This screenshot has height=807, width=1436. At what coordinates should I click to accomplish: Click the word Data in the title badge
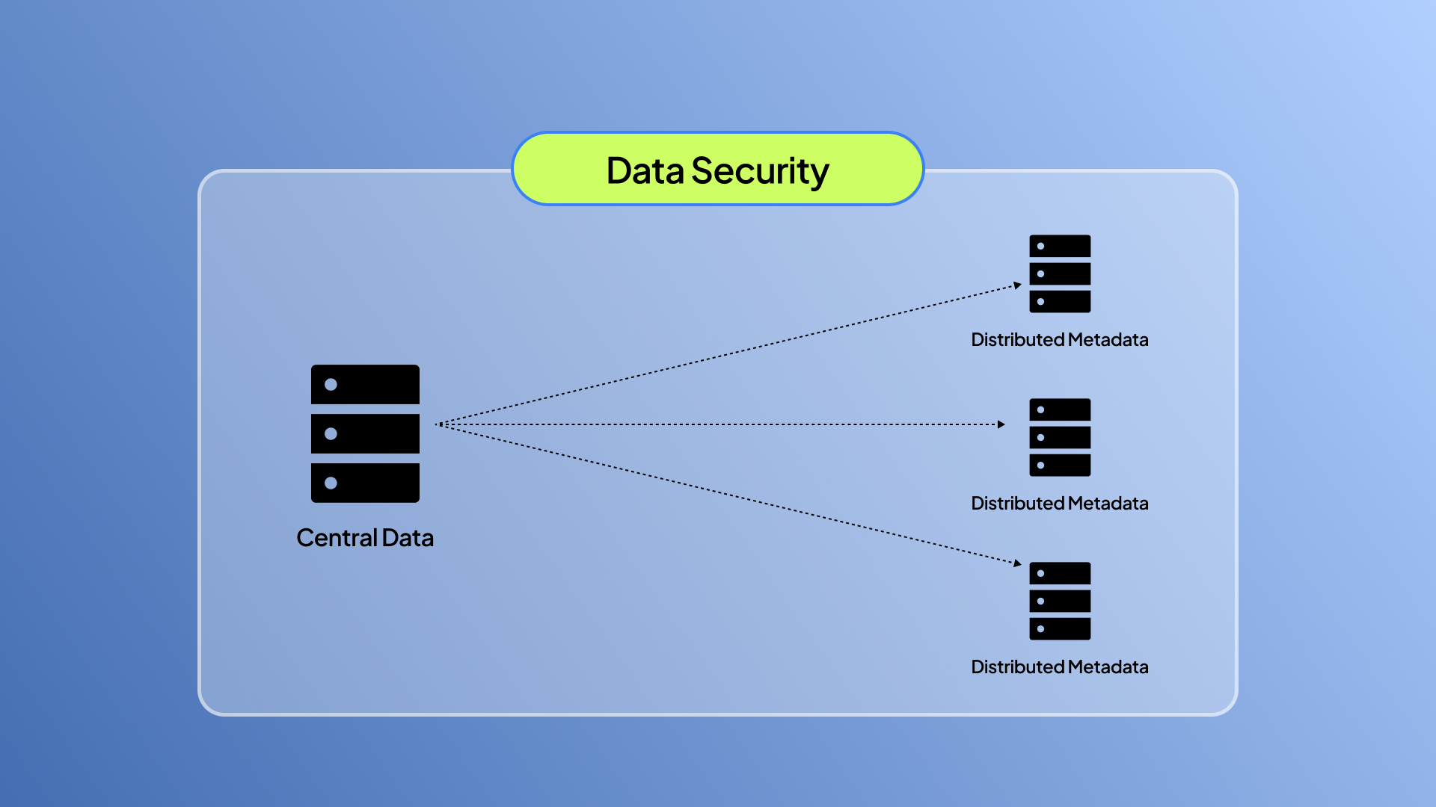coord(645,170)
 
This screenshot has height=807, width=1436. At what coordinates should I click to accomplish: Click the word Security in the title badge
coord(760,172)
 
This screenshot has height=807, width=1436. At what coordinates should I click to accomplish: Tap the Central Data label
coord(365,538)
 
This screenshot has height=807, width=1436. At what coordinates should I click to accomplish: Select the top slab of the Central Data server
coord(365,384)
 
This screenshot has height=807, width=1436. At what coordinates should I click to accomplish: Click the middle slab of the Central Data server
coord(365,433)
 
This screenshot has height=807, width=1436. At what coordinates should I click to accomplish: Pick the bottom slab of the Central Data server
coord(365,483)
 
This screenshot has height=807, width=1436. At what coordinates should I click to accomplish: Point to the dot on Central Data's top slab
coord(331,384)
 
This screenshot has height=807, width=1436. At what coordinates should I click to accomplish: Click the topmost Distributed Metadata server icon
coord(1060,273)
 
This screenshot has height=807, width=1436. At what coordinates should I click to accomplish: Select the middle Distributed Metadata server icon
coord(1060,437)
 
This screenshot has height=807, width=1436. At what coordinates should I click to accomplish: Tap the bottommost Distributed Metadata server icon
coord(1060,601)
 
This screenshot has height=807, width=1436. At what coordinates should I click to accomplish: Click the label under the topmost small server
coord(1059,340)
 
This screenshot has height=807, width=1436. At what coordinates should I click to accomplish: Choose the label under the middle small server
coord(1059,504)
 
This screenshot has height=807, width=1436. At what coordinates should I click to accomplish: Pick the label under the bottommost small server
coord(1059,667)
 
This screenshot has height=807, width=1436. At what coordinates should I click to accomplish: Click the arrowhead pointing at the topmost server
coord(1017,285)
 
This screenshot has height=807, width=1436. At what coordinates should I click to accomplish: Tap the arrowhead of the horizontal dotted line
coord(1001,424)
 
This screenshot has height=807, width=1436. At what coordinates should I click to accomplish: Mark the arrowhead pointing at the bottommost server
coord(1017,563)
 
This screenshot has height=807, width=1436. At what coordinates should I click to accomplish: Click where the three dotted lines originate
coord(441,424)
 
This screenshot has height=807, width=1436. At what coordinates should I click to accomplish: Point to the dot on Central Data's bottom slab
coord(331,483)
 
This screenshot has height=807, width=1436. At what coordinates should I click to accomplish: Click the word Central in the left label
coord(337,538)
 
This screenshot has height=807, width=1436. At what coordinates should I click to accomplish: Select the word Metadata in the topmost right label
coord(1108,340)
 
